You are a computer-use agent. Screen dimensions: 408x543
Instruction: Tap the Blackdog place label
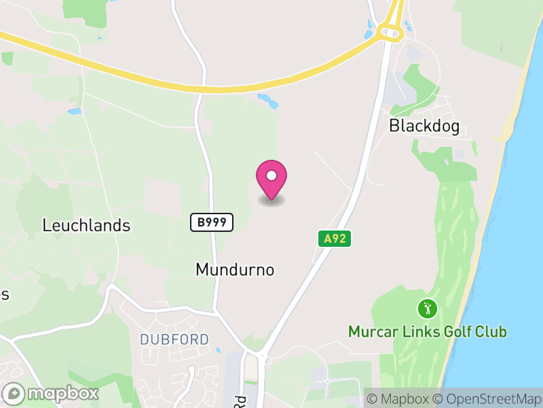point(424,126)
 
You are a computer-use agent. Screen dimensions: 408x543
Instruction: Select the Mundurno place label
point(235,269)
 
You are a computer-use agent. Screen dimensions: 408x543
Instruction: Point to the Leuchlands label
point(86,225)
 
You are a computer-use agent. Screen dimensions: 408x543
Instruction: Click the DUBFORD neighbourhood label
point(174,339)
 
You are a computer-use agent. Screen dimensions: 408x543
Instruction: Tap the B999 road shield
point(211,222)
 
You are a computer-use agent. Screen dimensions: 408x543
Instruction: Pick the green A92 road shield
point(334,238)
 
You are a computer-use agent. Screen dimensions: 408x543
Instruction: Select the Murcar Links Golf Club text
point(428,332)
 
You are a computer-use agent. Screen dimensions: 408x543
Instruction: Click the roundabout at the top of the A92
point(390,31)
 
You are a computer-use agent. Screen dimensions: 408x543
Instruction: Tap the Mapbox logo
point(51,393)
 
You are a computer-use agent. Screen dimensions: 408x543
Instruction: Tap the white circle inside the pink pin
point(271,176)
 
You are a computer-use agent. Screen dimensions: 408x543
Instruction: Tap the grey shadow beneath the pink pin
point(271,201)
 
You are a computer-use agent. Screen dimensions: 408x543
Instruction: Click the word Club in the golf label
point(493,332)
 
